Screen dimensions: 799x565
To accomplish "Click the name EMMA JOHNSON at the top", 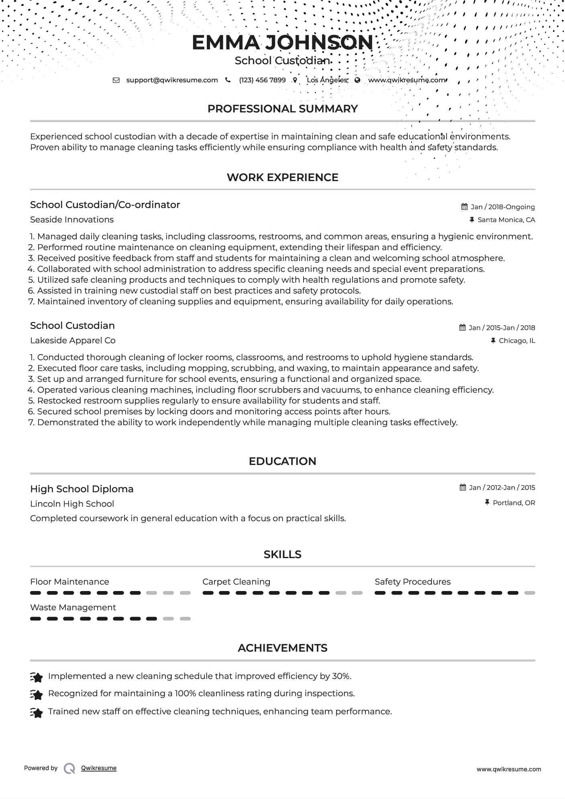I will [282, 43].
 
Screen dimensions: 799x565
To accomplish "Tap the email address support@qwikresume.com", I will [172, 80].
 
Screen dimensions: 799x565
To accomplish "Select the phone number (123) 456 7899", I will [262, 80].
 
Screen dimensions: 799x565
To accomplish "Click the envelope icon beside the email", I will [116, 80].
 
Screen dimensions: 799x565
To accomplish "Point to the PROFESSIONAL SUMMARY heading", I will [282, 109].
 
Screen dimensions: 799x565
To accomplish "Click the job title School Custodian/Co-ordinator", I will [105, 205].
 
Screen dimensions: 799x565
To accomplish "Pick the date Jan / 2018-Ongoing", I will [502, 207].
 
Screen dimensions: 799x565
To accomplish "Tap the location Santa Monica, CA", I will [506, 220].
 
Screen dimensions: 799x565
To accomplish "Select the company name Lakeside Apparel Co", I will [73, 340].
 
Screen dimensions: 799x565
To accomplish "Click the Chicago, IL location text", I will [517, 340].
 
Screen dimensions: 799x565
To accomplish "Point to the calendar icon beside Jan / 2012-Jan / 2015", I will [463, 487].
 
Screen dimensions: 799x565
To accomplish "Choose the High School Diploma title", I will [82, 489].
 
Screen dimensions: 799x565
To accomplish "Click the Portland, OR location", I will [514, 503].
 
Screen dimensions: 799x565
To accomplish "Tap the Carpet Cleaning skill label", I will [236, 582].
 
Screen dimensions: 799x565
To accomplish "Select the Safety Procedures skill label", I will [412, 582].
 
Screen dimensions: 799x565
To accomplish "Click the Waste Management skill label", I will [73, 607].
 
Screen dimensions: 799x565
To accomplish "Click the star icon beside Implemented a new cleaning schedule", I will [37, 677].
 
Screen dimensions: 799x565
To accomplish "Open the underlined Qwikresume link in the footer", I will [99, 768].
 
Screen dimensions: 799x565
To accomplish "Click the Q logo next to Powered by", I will [69, 768].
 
